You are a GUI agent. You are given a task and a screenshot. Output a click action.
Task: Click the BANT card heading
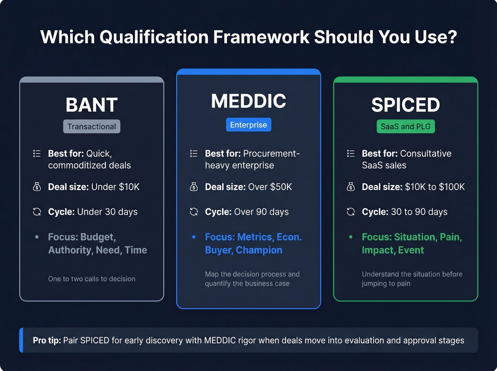pyautogui.click(x=92, y=105)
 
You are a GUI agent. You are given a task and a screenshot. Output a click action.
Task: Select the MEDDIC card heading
pyautogui.click(x=248, y=101)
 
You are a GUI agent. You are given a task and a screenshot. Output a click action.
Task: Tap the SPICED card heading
pyautogui.click(x=405, y=105)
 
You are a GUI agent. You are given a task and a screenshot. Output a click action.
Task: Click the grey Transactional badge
pyautogui.click(x=92, y=126)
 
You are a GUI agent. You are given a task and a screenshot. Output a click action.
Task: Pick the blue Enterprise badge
pyautogui.click(x=248, y=125)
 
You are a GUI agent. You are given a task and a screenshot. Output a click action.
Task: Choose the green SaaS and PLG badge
pyautogui.click(x=405, y=126)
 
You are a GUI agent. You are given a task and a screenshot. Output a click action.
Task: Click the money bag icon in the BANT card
pyautogui.click(x=37, y=187)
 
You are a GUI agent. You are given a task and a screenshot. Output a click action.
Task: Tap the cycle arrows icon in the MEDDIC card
pyautogui.click(x=194, y=212)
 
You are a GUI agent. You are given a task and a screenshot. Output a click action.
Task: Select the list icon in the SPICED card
pyautogui.click(x=351, y=153)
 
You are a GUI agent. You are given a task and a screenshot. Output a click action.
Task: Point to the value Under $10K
pyautogui.click(x=115, y=187)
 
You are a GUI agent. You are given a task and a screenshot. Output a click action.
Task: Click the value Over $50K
pyautogui.click(x=270, y=187)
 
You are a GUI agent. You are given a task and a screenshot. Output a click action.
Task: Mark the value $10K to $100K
pyautogui.click(x=435, y=187)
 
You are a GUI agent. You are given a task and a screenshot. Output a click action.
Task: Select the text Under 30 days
pyautogui.click(x=107, y=212)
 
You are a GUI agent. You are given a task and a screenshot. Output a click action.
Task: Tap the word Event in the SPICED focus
pyautogui.click(x=411, y=250)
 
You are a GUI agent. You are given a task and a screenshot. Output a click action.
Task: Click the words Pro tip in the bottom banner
pyautogui.click(x=47, y=340)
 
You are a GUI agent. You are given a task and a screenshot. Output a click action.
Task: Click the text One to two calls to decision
pyautogui.click(x=92, y=279)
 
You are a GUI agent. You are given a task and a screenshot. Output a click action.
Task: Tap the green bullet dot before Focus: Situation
pyautogui.click(x=351, y=237)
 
